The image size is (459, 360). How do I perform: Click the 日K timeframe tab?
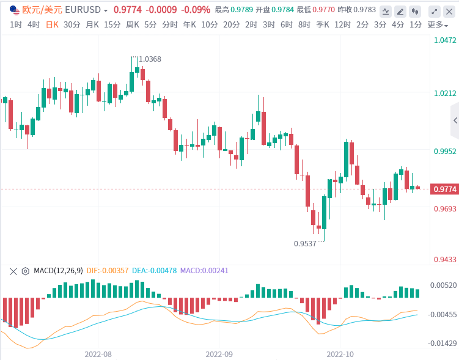pos(53,24)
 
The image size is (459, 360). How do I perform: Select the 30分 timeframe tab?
pos(72,24)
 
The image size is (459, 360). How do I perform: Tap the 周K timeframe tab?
pos(133,24)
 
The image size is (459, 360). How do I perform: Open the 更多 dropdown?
pos(436,24)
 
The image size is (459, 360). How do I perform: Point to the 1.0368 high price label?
pos(150,59)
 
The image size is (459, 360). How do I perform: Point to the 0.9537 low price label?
pos(305,243)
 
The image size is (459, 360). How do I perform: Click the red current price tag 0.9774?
pos(445,189)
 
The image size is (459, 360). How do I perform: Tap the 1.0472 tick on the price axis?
pos(445,40)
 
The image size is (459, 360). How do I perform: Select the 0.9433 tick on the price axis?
pos(445,259)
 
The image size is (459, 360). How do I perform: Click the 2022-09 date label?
pos(220,354)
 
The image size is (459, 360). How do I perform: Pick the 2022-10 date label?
pos(341,354)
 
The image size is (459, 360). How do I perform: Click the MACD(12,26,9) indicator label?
pos(58,271)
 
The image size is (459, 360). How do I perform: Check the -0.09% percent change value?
pos(196,10)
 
